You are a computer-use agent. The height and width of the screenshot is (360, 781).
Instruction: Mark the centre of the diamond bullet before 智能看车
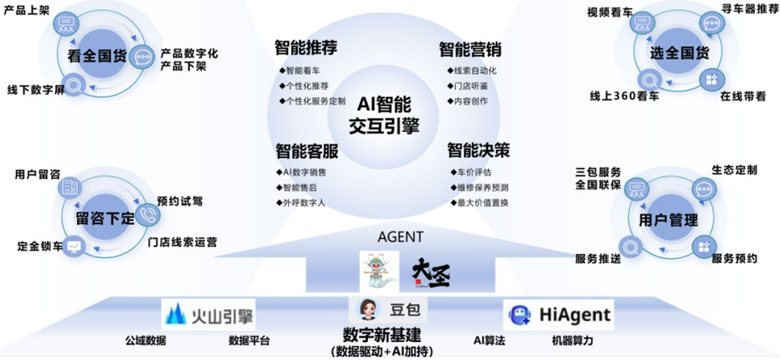[x=282, y=71]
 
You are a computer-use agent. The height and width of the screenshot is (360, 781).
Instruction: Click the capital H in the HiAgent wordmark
[x=546, y=315]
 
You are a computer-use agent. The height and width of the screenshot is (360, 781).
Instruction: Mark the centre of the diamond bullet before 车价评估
[x=453, y=172]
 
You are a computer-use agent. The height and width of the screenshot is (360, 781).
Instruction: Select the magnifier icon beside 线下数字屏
[x=74, y=85]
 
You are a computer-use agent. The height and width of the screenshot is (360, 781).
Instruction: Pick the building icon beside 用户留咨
[x=70, y=188]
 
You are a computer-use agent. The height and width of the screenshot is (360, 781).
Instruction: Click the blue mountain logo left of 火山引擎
[x=176, y=314]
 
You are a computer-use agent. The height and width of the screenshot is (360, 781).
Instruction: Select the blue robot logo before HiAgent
[x=520, y=315]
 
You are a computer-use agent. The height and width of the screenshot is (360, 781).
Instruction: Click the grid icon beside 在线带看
[x=712, y=80]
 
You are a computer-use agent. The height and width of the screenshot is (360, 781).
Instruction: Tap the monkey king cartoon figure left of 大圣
[x=380, y=272]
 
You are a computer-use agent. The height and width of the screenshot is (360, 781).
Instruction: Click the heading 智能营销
[x=470, y=49]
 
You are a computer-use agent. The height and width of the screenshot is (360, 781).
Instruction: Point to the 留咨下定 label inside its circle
[x=105, y=219]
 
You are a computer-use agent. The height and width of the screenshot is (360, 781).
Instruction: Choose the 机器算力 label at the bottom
[x=572, y=340]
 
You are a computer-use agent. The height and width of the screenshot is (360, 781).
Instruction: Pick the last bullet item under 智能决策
[x=480, y=203]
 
